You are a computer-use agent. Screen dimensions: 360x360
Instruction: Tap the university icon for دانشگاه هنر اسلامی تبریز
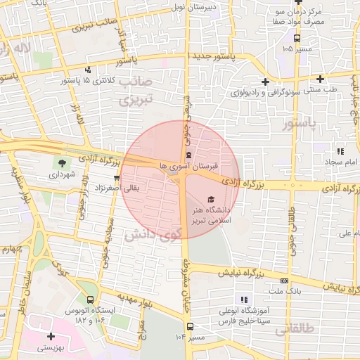[x=212, y=200]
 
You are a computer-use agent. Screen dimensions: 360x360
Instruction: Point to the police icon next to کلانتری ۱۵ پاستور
[x=88, y=70]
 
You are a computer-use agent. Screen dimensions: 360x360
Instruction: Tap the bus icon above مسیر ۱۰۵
[x=297, y=39]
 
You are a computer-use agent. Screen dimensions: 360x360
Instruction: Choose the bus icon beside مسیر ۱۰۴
[x=190, y=326]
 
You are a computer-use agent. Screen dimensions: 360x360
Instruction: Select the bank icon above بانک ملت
[x=283, y=280]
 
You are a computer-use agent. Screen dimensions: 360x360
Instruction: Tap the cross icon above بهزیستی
[x=51, y=336]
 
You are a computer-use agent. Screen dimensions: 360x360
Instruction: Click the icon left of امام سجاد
[x=340, y=151]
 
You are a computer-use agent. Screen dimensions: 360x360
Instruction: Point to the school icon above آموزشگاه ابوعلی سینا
[x=244, y=300]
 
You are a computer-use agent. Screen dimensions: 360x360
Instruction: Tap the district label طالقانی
[x=294, y=328]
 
